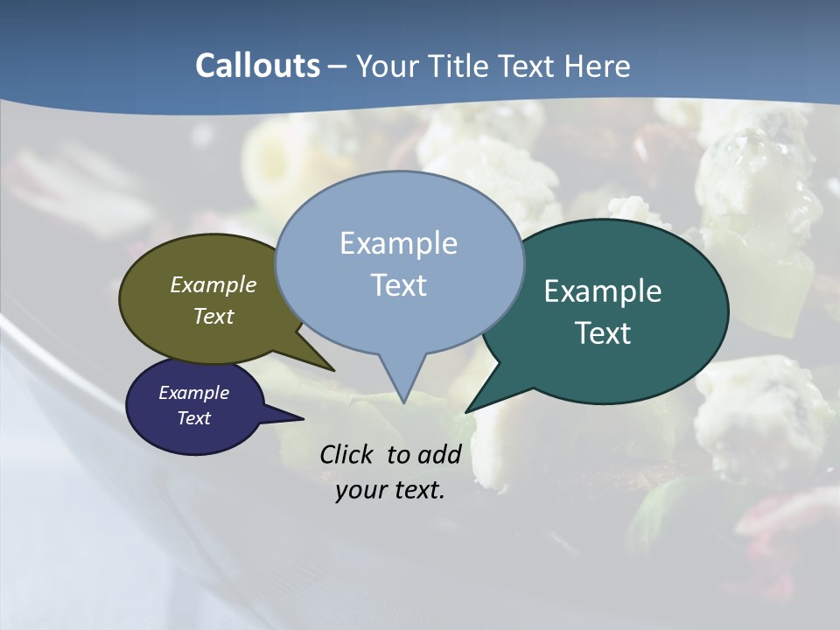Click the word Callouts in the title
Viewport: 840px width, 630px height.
click(257, 66)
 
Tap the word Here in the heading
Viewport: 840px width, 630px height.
click(598, 66)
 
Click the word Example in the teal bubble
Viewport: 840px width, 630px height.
click(603, 291)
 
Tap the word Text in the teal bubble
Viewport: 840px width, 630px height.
click(603, 333)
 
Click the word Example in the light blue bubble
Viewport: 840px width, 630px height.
click(398, 243)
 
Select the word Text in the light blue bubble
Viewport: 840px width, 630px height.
click(399, 285)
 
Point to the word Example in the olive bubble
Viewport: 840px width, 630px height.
click(213, 284)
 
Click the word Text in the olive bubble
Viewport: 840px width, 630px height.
click(213, 316)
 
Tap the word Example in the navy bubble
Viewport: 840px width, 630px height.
click(193, 393)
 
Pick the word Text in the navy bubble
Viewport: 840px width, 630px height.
click(193, 418)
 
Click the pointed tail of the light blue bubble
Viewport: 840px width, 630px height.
click(402, 398)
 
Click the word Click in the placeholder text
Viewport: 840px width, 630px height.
click(347, 454)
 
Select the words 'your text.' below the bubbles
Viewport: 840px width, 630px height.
click(389, 490)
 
